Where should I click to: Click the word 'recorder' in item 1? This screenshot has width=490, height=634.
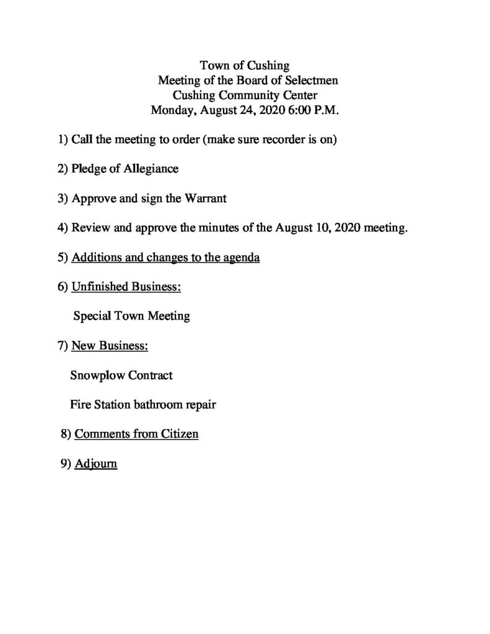pos(280,140)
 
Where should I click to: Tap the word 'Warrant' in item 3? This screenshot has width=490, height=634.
pos(206,199)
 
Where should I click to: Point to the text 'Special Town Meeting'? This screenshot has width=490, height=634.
pos(131,316)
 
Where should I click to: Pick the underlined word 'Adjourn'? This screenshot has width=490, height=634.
pos(95,463)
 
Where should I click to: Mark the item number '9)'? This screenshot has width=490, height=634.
pos(66,463)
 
